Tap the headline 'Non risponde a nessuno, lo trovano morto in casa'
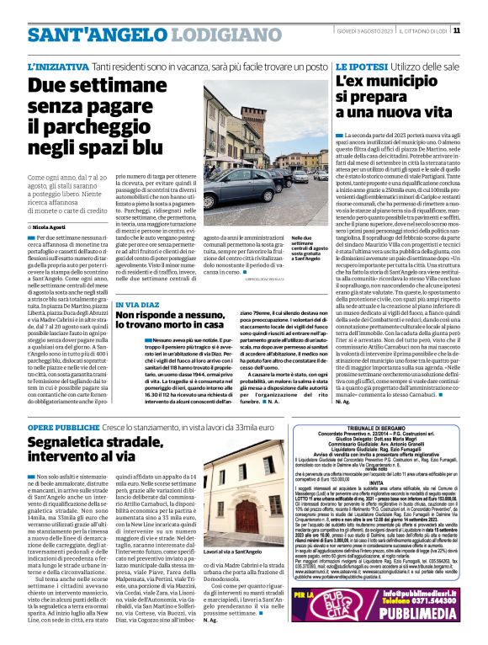[x=171, y=318]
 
